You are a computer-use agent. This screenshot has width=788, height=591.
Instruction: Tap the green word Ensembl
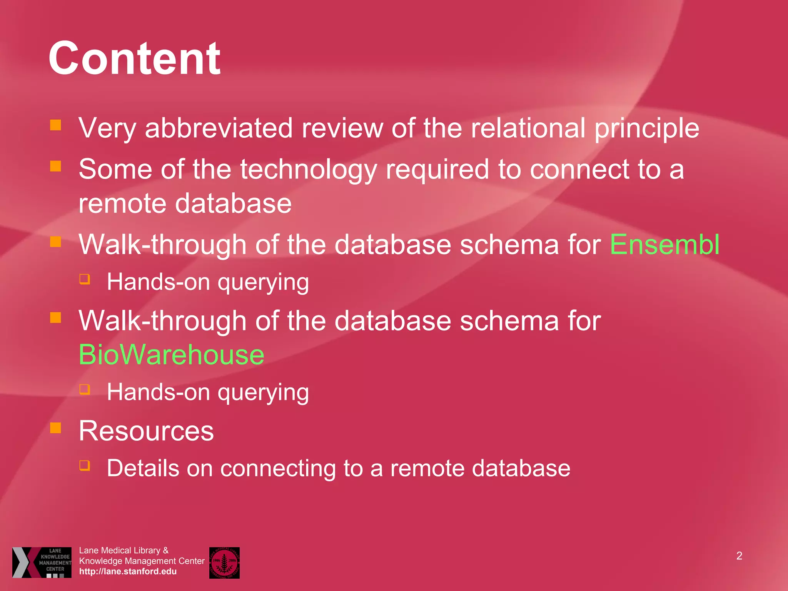pos(664,244)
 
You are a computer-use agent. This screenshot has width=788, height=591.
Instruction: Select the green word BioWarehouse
pos(171,354)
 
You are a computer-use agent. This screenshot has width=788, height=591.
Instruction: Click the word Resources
pos(146,431)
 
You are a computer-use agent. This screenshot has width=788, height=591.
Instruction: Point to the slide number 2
pos(739,556)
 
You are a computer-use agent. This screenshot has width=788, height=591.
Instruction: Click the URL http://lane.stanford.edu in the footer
pos(128,571)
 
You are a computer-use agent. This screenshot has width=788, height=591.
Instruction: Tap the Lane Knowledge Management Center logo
pos(42,562)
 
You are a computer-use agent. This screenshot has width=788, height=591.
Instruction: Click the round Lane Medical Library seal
pos(224,563)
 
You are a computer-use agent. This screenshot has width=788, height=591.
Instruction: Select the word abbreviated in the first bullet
pos(219,128)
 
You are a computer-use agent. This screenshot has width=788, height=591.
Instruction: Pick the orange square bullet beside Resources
pos(56,427)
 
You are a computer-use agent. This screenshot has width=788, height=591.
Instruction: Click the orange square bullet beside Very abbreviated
pos(56,125)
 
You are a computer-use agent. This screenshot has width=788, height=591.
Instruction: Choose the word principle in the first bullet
pos(647,129)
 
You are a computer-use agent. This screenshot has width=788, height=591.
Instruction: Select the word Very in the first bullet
pos(107,129)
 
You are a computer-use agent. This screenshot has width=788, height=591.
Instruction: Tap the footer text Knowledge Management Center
pos(142,561)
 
